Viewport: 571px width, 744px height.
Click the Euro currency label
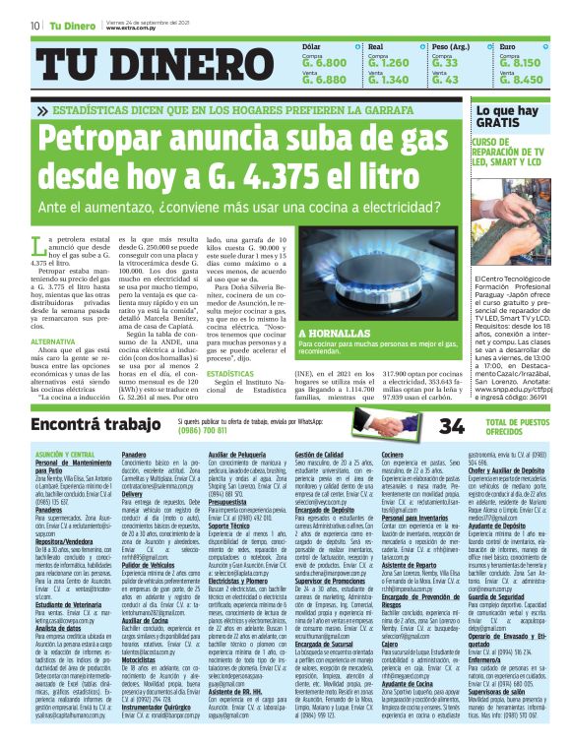508,46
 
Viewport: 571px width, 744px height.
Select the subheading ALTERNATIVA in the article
53,341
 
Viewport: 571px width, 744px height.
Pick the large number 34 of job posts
451,425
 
